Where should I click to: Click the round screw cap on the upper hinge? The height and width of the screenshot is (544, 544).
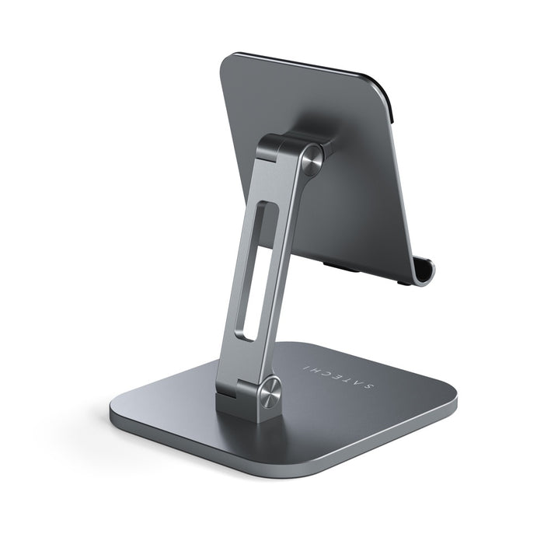pyautogui.click(x=312, y=156)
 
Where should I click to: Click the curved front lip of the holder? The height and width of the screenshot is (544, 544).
pyautogui.click(x=424, y=271)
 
